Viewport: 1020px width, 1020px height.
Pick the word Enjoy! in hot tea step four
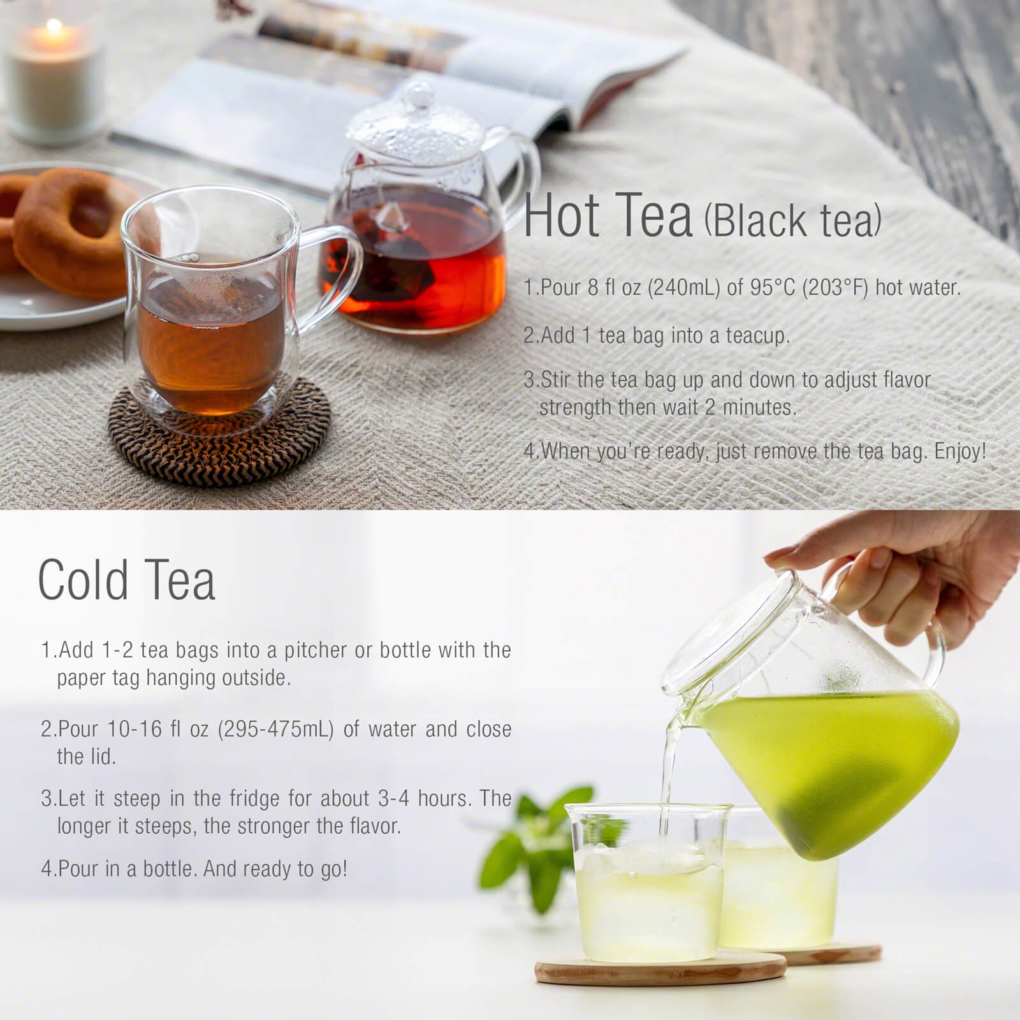click(x=960, y=451)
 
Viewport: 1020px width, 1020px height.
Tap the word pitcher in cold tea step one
click(x=316, y=650)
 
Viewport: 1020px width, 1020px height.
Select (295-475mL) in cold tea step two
click(x=275, y=729)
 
